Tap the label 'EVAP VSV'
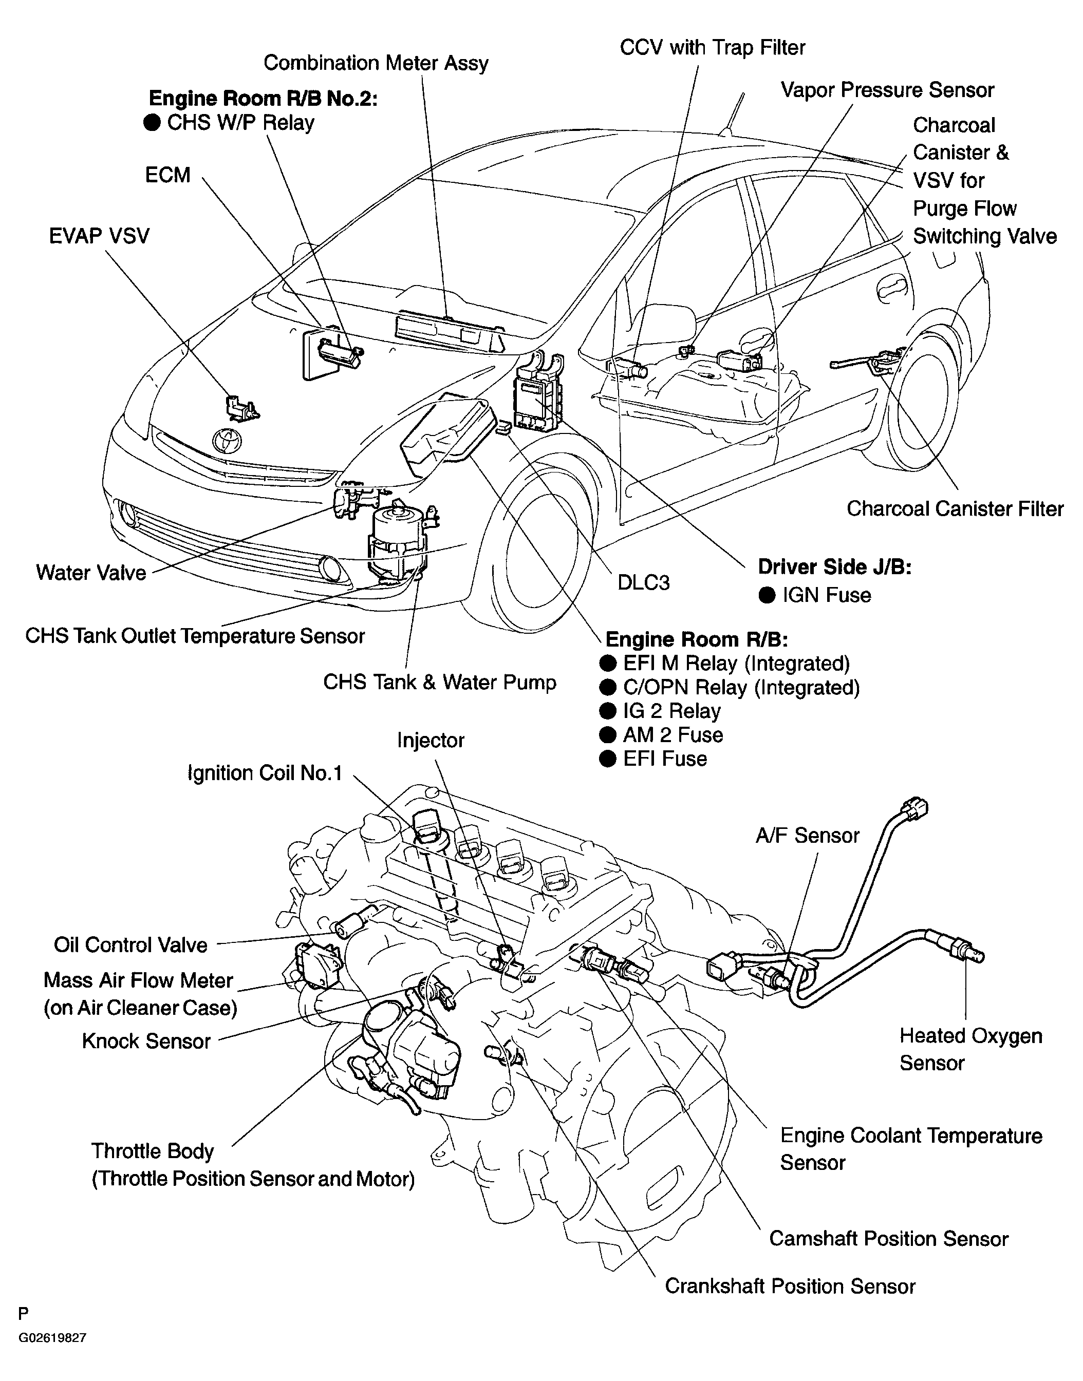[100, 236]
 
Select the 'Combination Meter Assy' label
[376, 63]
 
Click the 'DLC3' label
[644, 583]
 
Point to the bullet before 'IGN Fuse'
[767, 595]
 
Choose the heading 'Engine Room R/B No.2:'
[263, 99]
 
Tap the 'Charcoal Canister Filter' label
[955, 509]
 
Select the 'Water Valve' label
[91, 573]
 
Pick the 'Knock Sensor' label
[146, 1042]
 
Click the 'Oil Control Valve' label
[130, 945]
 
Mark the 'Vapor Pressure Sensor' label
[887, 90]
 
